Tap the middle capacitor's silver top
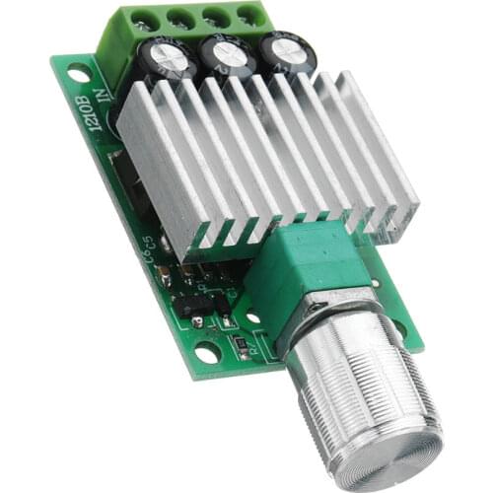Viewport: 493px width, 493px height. click(231, 54)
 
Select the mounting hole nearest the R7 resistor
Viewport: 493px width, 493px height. click(206, 352)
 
